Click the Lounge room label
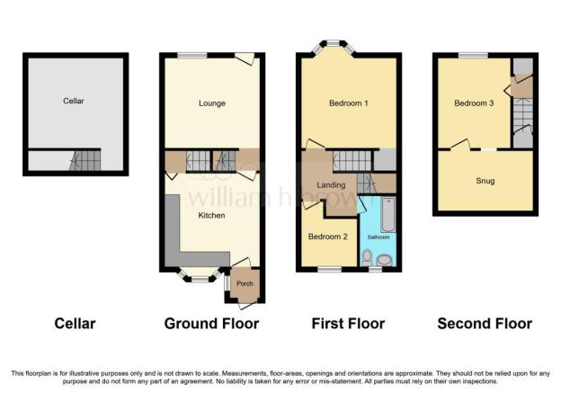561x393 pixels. (212, 103)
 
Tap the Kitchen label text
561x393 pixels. (211, 215)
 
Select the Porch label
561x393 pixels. (245, 283)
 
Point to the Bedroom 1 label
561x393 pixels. (349, 103)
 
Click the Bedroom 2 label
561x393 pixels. (328, 237)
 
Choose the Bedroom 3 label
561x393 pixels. (474, 103)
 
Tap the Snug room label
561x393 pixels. (485, 181)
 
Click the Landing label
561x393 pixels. (331, 185)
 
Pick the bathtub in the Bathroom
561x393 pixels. (388, 214)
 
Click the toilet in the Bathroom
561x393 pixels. (367, 258)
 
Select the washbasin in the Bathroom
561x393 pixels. (385, 260)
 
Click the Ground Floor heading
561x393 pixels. (211, 324)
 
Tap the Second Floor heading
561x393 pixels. (485, 324)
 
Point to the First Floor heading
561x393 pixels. (348, 324)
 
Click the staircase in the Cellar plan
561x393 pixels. (85, 160)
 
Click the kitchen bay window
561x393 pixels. (200, 275)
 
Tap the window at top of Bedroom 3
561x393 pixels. (473, 55)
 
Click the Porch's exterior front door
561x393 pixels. (247, 305)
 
